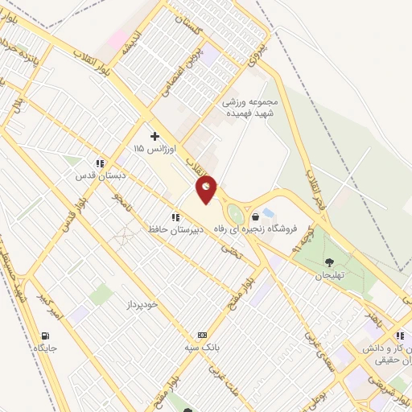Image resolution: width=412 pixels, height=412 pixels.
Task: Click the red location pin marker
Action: (207, 188)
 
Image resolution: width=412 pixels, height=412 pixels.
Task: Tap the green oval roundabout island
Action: (234, 214)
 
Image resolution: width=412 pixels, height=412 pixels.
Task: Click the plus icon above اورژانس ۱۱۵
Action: (155, 137)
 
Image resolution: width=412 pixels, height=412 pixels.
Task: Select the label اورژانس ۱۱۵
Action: (151, 150)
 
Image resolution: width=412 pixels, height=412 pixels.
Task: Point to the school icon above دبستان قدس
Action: (100, 163)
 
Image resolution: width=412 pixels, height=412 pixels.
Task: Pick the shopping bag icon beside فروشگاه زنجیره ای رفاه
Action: (255, 216)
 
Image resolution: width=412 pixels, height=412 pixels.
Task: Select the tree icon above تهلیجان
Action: (329, 262)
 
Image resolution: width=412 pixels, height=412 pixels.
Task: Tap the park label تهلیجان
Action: (329, 274)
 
